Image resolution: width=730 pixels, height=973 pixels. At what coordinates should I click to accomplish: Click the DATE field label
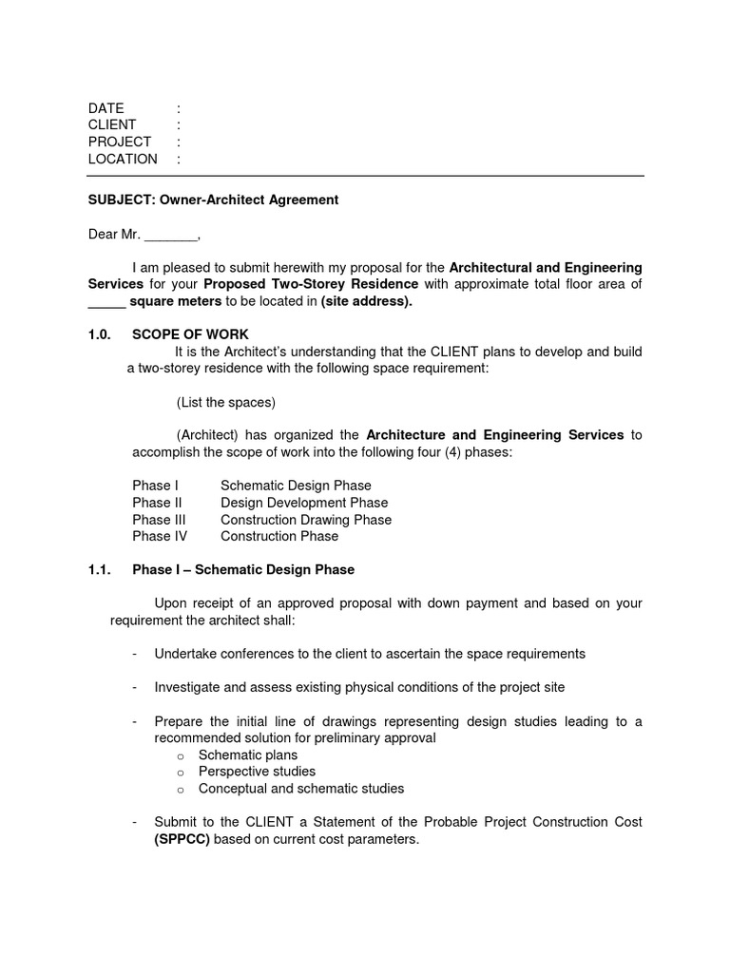click(106, 108)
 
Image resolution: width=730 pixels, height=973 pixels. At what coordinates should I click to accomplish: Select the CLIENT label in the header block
click(112, 125)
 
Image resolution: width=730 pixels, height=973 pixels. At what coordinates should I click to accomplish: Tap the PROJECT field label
click(120, 143)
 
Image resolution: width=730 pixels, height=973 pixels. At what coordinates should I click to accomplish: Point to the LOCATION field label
click(123, 160)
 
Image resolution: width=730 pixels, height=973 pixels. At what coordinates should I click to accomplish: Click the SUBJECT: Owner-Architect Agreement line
click(213, 200)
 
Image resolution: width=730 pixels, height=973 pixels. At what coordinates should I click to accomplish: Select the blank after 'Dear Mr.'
click(171, 235)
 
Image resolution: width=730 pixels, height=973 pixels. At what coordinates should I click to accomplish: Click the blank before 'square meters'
click(106, 302)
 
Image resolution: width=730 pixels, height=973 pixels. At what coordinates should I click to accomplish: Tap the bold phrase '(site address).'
click(367, 302)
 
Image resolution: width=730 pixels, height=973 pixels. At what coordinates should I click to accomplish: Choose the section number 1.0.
click(100, 334)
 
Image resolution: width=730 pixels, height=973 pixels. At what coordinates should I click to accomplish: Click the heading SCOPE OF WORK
click(190, 334)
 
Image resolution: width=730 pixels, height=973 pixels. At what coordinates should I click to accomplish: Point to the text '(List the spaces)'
click(226, 402)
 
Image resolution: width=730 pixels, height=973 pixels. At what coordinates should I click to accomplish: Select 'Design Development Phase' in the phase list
click(304, 503)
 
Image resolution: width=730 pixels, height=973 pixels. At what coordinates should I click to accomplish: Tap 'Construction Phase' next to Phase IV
click(279, 537)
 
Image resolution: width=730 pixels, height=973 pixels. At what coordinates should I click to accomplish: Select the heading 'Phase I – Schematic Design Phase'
click(243, 570)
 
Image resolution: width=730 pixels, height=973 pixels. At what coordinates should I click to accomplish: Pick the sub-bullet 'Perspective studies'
click(257, 772)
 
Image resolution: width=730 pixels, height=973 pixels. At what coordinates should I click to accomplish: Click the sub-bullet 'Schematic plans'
click(247, 754)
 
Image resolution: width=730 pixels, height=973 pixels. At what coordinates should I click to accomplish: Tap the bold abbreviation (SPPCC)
click(182, 840)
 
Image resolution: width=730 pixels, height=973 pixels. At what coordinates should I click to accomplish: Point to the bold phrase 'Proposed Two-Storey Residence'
click(311, 285)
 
